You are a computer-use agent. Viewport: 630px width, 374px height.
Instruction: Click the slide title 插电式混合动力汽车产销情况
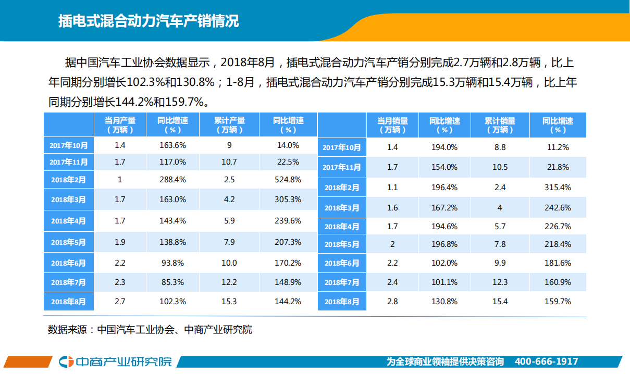[x=149, y=21]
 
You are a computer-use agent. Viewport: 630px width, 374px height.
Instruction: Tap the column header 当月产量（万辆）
[x=120, y=125]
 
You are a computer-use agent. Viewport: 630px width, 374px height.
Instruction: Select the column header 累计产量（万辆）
[x=229, y=125]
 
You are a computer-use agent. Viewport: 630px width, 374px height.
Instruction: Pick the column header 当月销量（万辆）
[x=392, y=125]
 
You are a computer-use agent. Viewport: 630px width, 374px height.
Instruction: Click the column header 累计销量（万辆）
[x=499, y=125]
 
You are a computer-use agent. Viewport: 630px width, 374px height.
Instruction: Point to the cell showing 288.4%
[x=172, y=180]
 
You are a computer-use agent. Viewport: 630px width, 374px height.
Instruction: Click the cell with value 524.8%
[x=288, y=180]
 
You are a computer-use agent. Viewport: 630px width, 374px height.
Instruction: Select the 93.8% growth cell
[x=172, y=263]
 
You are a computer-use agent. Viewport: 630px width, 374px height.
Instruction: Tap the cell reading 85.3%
[x=172, y=282]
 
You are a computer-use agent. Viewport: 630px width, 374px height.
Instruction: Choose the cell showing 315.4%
[x=558, y=187]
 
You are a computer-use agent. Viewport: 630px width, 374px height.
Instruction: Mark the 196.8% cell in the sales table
[x=444, y=244]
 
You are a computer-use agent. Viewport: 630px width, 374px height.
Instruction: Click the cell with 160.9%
[x=558, y=282]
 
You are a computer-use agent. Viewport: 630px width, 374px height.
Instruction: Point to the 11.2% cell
[x=558, y=147]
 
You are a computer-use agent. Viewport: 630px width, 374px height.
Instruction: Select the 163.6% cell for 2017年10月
[x=172, y=145]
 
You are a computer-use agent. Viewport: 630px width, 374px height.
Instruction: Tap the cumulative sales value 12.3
[x=499, y=282]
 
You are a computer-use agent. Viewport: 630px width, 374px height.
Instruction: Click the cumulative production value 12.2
[x=229, y=282]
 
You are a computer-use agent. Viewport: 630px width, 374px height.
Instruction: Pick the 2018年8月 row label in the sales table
[x=342, y=302]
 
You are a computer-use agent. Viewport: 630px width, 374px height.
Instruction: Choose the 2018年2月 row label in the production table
[x=69, y=180]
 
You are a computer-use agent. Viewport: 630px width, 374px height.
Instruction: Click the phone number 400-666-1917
[x=546, y=361]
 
